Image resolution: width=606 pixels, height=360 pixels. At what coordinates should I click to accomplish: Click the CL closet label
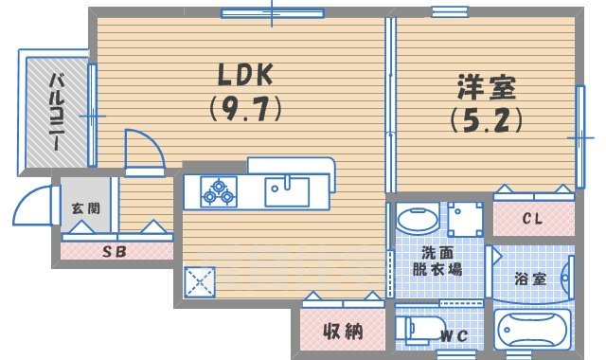pos(533,220)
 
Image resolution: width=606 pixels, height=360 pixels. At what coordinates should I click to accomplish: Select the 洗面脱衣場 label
pos(441,261)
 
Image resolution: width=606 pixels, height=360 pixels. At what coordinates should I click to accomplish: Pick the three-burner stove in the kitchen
pos(218,192)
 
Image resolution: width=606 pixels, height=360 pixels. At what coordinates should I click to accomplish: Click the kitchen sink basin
pos(286,190)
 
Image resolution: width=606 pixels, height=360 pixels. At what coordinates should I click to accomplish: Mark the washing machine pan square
pos(465,220)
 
